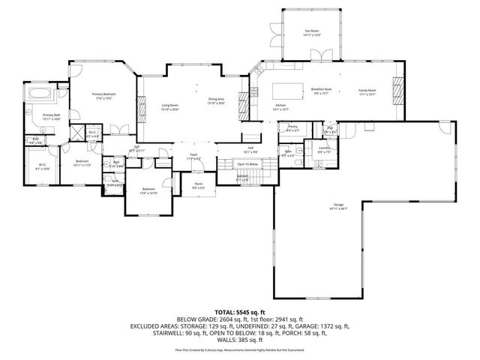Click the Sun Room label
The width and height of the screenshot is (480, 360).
pos(312,31)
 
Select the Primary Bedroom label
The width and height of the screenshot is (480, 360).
pos(102,95)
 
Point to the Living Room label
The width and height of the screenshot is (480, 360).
pos(169,106)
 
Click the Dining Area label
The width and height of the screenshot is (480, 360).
pos(217,100)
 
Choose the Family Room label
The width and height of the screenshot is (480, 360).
pos(366,91)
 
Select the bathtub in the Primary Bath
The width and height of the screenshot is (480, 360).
pos(40,94)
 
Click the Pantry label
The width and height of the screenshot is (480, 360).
pos(292,127)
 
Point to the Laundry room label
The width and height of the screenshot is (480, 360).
pos(324,149)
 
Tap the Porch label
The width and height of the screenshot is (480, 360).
pos(199,185)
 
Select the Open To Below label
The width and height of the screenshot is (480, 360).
pos(247,163)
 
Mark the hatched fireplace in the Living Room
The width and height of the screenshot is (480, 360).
pos(141,111)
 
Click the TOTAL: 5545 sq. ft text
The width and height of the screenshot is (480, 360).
pos(240,311)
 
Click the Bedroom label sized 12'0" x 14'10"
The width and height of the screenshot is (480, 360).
pos(148,190)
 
